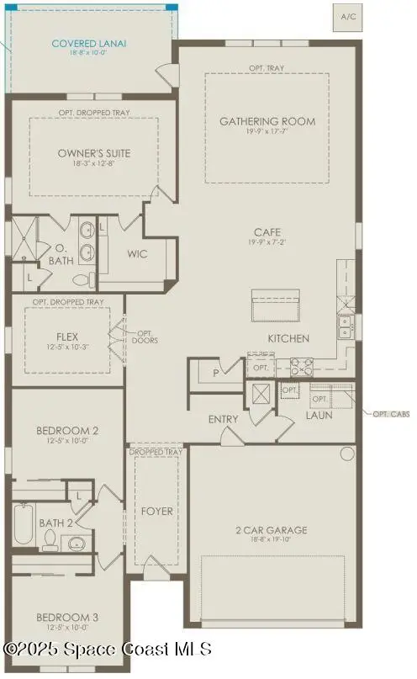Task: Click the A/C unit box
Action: (x=348, y=17)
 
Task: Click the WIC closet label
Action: (x=138, y=253)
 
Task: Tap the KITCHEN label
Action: (x=288, y=338)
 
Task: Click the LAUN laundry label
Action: (x=319, y=415)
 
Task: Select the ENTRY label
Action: (x=224, y=418)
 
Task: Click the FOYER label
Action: (x=157, y=511)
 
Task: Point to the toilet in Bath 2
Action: (x=50, y=538)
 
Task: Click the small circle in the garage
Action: (x=346, y=454)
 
